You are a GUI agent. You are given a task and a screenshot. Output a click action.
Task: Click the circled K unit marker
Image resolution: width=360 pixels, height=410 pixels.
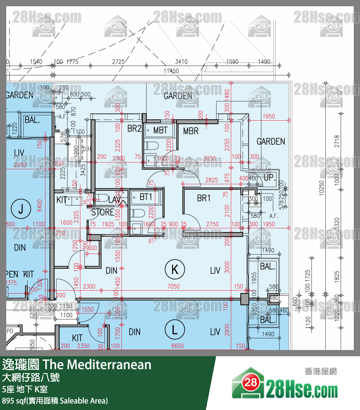tap(175, 269)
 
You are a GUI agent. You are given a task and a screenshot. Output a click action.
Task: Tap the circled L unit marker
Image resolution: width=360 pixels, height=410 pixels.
tap(175, 329)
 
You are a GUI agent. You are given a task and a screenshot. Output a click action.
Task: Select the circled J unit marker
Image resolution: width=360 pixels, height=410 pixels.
tap(21, 209)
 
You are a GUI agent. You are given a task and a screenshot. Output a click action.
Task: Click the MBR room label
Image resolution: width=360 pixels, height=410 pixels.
tap(191, 131)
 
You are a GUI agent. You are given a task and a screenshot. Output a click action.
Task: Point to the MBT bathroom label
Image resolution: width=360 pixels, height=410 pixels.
tap(160, 130)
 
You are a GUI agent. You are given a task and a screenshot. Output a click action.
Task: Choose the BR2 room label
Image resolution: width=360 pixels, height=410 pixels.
tap(134, 128)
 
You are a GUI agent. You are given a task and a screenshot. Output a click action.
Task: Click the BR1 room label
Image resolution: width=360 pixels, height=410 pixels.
tap(203, 198)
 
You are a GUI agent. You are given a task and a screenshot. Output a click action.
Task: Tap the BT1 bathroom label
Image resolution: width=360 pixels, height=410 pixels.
tap(146, 197)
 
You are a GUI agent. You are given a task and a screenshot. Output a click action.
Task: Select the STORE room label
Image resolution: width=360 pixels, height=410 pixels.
tap(102, 212)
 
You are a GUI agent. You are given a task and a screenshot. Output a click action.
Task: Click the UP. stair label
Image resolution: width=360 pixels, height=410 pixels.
tap(269, 178)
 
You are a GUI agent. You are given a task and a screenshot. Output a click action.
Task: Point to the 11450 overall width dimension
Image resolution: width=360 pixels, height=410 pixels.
tap(171, 71)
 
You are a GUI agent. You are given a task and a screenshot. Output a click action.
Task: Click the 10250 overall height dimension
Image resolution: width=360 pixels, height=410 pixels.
tap(322, 188)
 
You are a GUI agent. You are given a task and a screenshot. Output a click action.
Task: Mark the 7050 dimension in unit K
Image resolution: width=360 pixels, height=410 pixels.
tap(173, 286)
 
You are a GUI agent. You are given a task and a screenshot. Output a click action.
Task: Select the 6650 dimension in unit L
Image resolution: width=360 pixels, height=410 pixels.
tap(177, 346)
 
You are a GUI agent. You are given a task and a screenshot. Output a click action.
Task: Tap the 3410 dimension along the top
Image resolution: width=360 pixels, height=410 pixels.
tap(181, 62)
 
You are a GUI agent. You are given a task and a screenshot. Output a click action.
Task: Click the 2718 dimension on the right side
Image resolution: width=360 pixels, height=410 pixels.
tap(337, 141)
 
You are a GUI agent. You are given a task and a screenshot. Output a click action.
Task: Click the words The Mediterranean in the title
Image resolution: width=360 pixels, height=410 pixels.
tap(97, 365)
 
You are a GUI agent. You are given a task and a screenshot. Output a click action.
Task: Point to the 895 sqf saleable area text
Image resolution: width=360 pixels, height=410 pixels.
tap(55, 401)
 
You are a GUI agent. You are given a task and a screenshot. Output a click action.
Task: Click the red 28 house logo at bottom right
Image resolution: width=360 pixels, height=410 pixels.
tap(250, 382)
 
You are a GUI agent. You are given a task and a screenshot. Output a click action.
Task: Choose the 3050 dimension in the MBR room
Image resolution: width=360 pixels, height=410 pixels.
tap(209, 158)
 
